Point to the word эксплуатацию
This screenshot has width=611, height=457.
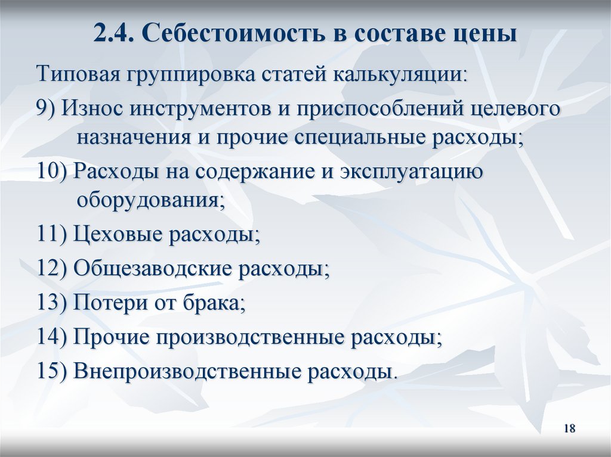tap(411, 172)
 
